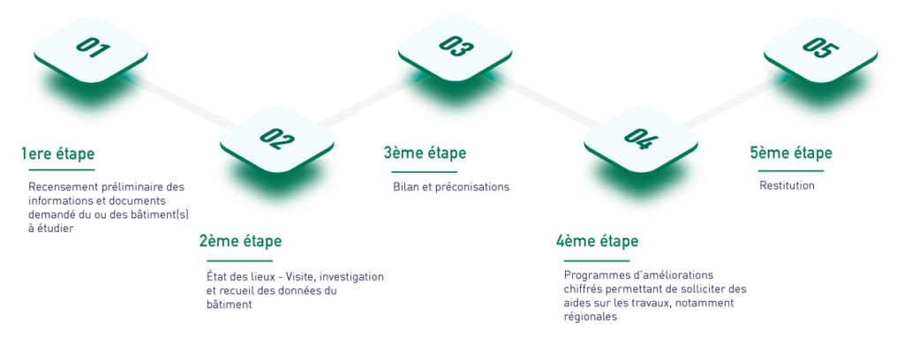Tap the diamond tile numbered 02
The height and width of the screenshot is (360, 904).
pyautogui.click(x=276, y=139)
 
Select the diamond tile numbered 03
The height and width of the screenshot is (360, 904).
pyautogui.click(x=456, y=49)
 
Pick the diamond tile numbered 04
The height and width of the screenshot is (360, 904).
pyautogui.click(x=641, y=139)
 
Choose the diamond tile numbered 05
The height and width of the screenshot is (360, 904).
pyautogui.click(x=821, y=49)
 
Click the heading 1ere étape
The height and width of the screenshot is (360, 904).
pyautogui.click(x=57, y=154)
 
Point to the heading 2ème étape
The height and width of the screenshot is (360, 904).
pyautogui.click(x=240, y=242)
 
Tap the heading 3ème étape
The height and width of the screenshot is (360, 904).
pyautogui.click(x=425, y=154)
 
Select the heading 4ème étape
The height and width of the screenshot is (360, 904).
pyautogui.click(x=598, y=242)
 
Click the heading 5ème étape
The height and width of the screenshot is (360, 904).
pyautogui.click(x=791, y=154)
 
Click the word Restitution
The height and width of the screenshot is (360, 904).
pyautogui.click(x=787, y=186)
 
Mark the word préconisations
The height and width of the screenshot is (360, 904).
pyautogui.click(x=475, y=187)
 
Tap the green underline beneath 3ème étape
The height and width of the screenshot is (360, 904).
pyautogui.click(x=424, y=172)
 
